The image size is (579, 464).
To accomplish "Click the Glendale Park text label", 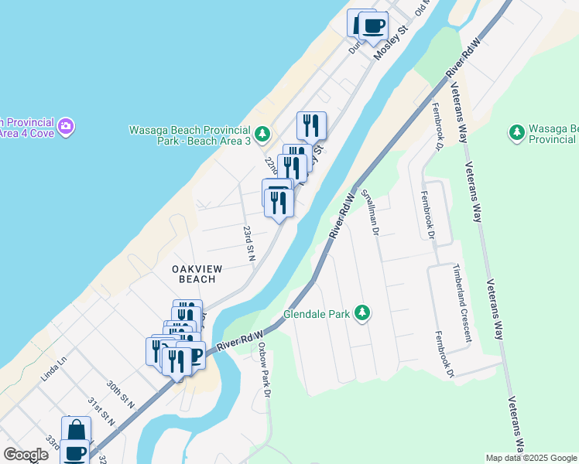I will click(317, 316).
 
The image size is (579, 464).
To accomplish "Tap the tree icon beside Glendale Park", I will click(361, 313).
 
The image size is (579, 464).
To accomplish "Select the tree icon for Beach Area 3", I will click(263, 135).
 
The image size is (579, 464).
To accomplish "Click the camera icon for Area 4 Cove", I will click(67, 125).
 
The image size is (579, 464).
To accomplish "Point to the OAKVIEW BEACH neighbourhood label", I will click(197, 273).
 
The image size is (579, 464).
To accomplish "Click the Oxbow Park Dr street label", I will click(265, 370).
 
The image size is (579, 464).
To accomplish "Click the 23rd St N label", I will click(248, 243).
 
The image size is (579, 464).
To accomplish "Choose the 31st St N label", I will click(101, 411).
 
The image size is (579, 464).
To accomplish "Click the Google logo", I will click(26, 455).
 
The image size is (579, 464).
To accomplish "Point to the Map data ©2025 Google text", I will click(532, 458).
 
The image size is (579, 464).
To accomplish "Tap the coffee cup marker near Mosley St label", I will click(373, 26).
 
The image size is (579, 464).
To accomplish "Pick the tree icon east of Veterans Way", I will click(516, 133).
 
